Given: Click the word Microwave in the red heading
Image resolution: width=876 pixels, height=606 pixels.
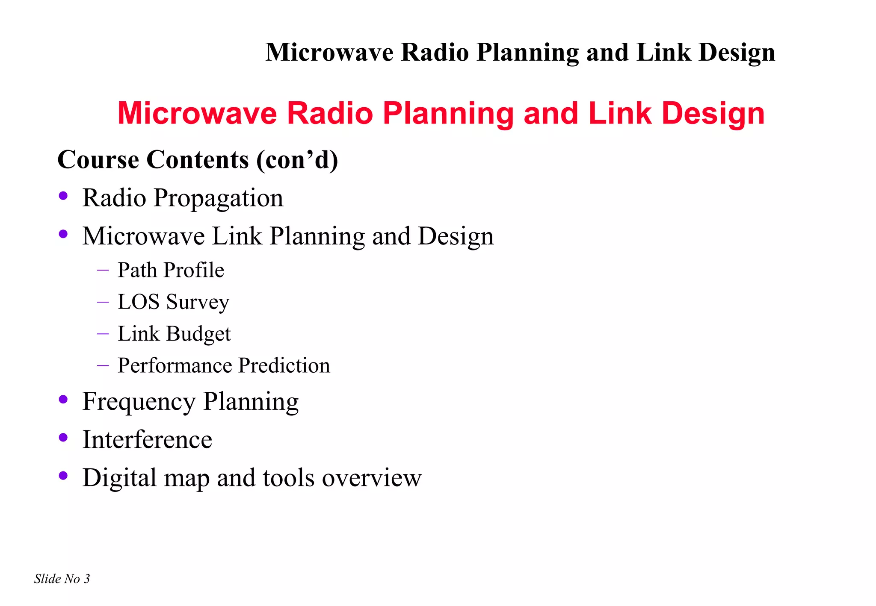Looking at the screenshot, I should tap(197, 113).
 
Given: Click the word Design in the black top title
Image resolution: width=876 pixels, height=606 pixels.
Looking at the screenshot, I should tap(737, 53).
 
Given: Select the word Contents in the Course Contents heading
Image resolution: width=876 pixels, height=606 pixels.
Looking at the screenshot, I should tap(198, 160).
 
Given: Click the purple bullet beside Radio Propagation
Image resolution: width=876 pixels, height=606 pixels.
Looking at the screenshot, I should tap(63, 196).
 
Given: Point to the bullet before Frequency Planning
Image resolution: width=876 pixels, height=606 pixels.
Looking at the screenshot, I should tap(63, 400).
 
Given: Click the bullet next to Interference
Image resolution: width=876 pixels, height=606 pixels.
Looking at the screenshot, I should tap(63, 437).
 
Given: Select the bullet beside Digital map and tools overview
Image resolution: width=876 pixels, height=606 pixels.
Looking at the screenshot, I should tap(63, 475).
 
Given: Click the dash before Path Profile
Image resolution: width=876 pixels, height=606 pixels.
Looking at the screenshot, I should tap(103, 270).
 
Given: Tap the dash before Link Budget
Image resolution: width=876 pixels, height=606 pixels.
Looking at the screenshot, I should tap(103, 333).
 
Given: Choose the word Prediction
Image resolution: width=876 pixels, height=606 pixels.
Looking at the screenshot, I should tap(284, 365).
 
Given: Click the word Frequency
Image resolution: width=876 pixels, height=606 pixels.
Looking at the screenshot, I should tap(139, 402).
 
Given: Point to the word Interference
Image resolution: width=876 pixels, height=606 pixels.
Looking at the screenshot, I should tap(147, 439).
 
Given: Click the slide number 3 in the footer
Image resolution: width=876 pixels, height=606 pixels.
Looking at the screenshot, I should tap(87, 579).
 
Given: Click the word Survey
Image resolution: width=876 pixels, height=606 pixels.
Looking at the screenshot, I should tap(198, 302).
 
